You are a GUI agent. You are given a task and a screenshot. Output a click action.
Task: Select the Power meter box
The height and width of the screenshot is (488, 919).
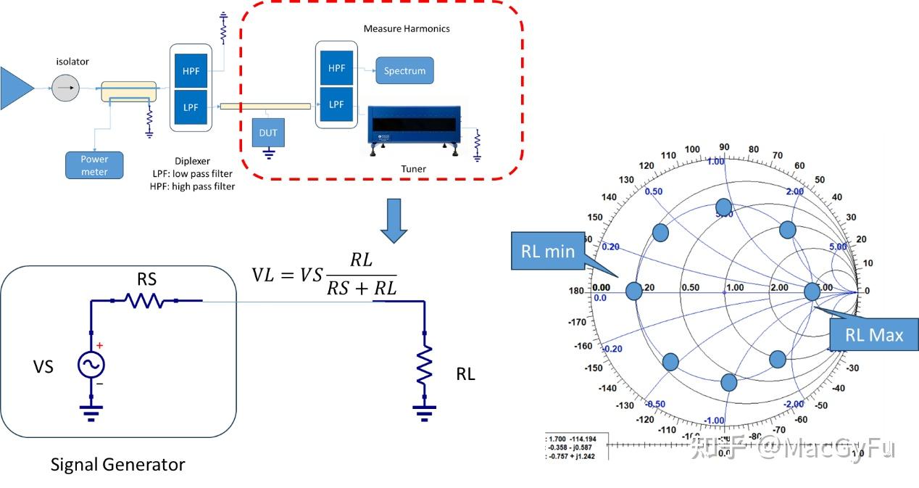[94, 165]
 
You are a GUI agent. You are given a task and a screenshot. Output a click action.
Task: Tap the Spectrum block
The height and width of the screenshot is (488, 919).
[404, 71]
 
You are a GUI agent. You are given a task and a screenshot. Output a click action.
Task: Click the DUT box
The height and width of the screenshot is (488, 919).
[267, 133]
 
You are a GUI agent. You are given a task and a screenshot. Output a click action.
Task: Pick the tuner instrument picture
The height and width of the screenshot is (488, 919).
[415, 128]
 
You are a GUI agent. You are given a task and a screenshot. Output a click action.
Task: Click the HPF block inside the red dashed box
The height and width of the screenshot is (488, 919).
[336, 69]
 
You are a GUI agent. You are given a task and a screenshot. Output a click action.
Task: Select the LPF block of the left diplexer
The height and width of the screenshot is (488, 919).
[191, 107]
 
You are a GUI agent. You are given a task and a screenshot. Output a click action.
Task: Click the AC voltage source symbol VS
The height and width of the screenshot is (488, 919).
[92, 365]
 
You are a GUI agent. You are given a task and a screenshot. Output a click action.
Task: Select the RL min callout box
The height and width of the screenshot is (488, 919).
[547, 251]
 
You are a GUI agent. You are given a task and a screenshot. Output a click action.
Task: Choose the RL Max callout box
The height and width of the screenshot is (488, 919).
[874, 334]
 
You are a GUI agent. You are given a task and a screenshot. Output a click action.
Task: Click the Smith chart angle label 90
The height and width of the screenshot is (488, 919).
[723, 147]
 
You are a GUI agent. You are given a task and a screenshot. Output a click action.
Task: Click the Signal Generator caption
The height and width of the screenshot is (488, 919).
[117, 464]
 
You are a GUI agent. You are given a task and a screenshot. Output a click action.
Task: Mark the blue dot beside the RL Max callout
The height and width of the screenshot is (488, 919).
[812, 291]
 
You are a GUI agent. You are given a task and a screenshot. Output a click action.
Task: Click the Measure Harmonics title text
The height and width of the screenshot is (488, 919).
[406, 28]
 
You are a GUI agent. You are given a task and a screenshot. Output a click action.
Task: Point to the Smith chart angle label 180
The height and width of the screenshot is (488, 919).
[576, 291]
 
